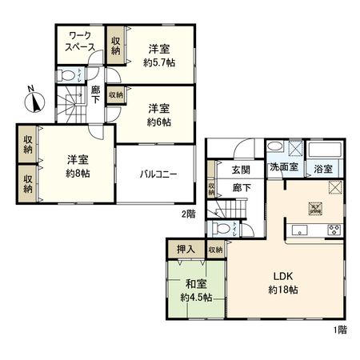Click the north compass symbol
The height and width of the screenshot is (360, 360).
tap(34, 101)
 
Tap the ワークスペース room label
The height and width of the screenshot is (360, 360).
tap(80, 42)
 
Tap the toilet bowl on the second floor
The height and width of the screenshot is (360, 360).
tap(68, 76)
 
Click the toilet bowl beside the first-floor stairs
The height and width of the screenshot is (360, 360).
tap(221, 229)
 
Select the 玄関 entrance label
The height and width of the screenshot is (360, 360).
tap(242, 170)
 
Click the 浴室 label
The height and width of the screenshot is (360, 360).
tap(323, 169)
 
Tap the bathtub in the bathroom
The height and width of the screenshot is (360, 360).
tap(325, 150)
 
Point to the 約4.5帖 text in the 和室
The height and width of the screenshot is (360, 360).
tap(196, 298)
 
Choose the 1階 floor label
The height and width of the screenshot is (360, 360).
tap(341, 330)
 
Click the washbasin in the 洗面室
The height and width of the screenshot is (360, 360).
tap(274, 147)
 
